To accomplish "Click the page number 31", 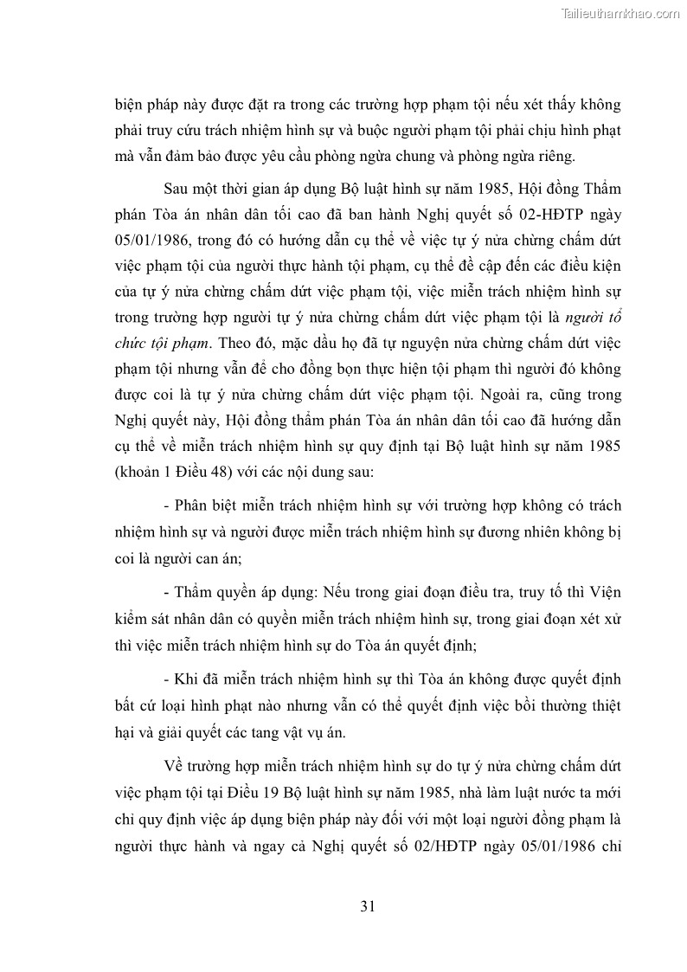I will (367, 907).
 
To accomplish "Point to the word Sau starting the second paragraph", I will (177, 189).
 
